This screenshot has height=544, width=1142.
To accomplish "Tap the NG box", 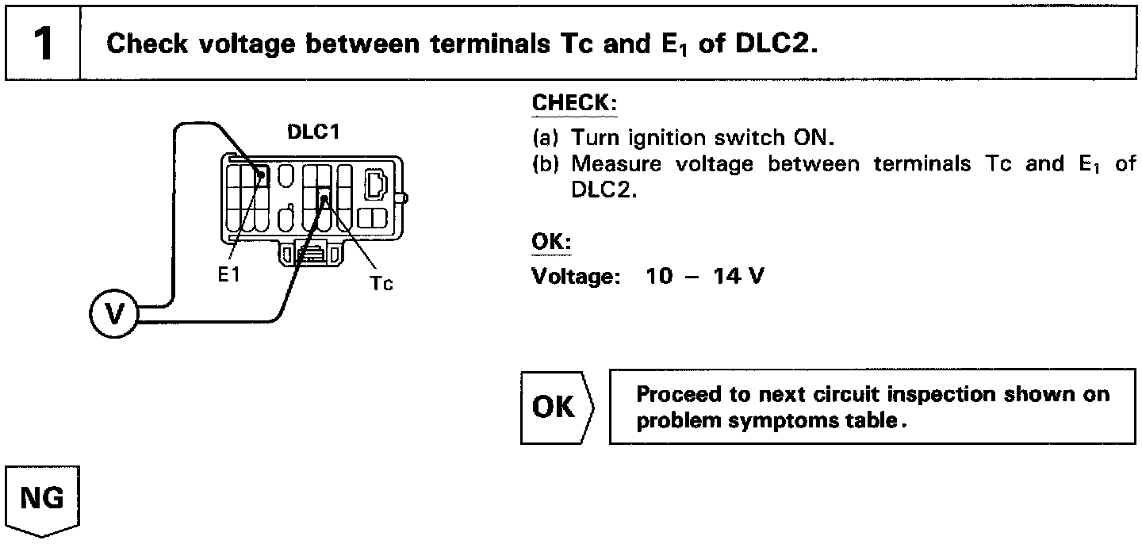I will pyautogui.click(x=44, y=500).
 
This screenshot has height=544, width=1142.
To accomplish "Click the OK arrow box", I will pyautogui.click(x=556, y=407).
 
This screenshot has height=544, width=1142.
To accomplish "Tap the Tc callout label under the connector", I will pyautogui.click(x=381, y=283).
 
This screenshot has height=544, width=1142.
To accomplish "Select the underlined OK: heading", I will pyautogui.click(x=550, y=241).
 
